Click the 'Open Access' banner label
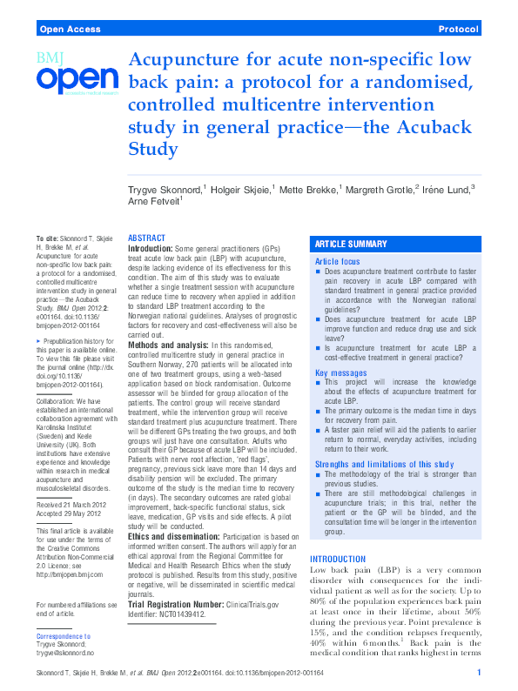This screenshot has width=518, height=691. click(69, 30)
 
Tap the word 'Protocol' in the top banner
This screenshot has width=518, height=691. click(459, 30)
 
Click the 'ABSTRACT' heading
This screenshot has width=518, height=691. click(146, 238)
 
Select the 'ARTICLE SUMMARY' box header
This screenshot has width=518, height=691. click(351, 245)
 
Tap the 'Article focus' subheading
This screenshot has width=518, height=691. click(337, 261)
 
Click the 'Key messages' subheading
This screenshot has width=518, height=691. click(340, 372)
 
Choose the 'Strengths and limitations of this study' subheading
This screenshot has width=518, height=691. click(383, 464)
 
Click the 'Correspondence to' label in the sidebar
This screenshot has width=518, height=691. click(64, 637)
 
